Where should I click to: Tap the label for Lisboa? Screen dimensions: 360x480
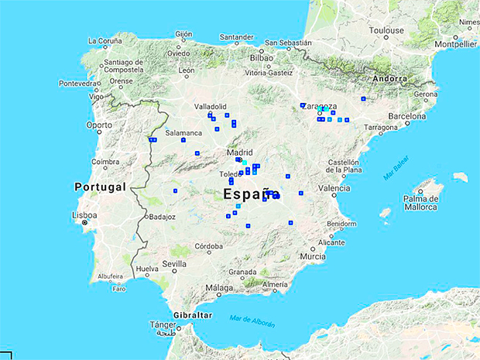(x=84, y=214)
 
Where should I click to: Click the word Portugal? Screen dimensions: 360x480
(x=100, y=187)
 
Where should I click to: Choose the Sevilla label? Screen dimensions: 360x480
(x=175, y=264)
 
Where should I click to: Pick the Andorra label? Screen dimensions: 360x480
(x=389, y=78)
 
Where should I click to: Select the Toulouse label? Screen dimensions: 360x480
(x=386, y=31)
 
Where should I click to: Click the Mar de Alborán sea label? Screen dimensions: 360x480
(x=252, y=321)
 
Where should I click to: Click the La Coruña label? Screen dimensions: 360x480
(x=105, y=41)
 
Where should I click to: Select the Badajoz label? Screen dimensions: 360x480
(x=163, y=217)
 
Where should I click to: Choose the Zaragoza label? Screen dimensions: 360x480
(x=321, y=107)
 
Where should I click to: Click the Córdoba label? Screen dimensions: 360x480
(x=209, y=246)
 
